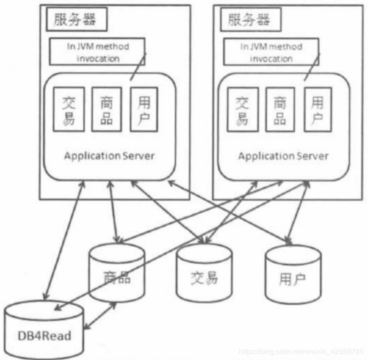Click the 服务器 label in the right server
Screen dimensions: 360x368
[x=248, y=19]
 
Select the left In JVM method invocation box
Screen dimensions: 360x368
[x=97, y=52]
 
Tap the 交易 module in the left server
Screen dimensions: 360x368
[x=69, y=110]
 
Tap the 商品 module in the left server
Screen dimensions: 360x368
[x=106, y=110]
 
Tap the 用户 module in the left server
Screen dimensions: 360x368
[x=144, y=110]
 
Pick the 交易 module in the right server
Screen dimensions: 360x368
[x=242, y=110]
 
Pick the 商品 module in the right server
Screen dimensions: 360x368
[x=280, y=110]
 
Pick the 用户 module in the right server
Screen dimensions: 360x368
[x=317, y=110]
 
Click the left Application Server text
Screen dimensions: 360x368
[x=109, y=156]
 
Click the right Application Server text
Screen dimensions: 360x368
[x=283, y=156]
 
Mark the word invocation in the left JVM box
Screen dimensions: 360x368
[x=98, y=58]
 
